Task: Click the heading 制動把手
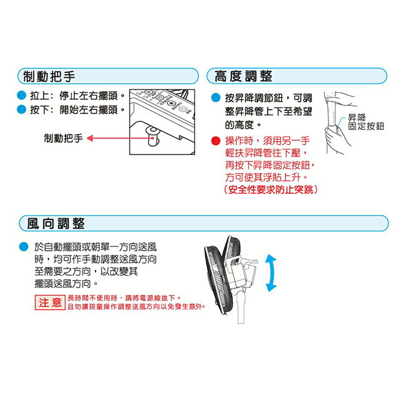point(49,77)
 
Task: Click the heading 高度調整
point(243,77)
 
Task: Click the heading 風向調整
point(56,223)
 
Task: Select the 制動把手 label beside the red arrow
point(63,138)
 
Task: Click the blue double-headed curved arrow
point(271,272)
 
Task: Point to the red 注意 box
point(49,303)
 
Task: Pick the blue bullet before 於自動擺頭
point(23,246)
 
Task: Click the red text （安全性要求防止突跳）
point(270,190)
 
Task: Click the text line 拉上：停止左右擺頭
point(77,97)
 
